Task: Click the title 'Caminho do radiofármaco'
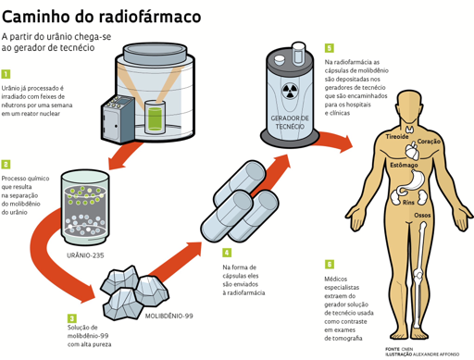pyautogui.click(x=101, y=17)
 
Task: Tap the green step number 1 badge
pyautogui.click(x=6, y=74)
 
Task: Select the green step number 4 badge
pyautogui.click(x=227, y=253)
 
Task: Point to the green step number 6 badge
pyautogui.click(x=330, y=265)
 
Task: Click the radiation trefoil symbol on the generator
pyautogui.click(x=290, y=91)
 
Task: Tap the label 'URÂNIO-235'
pyautogui.click(x=85, y=255)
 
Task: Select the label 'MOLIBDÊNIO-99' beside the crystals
pyautogui.click(x=169, y=316)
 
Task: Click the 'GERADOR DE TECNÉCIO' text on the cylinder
pyautogui.click(x=290, y=122)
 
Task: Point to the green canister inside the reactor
pyautogui.click(x=155, y=119)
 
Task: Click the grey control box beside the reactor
pyautogui.click(x=118, y=119)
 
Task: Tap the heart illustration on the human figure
pyautogui.click(x=413, y=151)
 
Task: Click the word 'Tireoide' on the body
pyautogui.click(x=397, y=136)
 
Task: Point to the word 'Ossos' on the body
pyautogui.click(x=422, y=215)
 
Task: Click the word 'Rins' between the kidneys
pyautogui.click(x=408, y=203)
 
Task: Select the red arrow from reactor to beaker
pyautogui.click(x=125, y=156)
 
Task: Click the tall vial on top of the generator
pyautogui.click(x=298, y=53)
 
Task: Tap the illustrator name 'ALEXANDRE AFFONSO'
pyautogui.click(x=436, y=354)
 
